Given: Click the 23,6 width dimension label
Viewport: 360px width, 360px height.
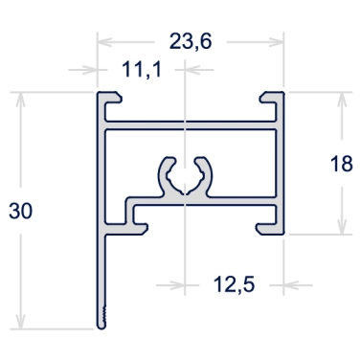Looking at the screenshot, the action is coord(191,42).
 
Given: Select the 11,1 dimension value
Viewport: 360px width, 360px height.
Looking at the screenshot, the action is coord(142,70).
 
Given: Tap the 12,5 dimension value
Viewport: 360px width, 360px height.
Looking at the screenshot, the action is coord(234,284).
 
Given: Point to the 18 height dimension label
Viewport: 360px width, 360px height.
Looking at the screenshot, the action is coord(342,164).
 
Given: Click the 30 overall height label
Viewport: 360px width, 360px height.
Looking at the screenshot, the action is coord(20,211).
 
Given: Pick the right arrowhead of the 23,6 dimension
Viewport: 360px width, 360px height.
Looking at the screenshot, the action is coord(276,42).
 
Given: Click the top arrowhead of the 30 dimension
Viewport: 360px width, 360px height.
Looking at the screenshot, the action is coord(20,100).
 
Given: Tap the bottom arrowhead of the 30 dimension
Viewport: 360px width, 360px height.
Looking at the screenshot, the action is coord(20,322).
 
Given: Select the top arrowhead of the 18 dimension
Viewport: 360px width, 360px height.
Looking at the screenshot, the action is coord(342,100).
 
